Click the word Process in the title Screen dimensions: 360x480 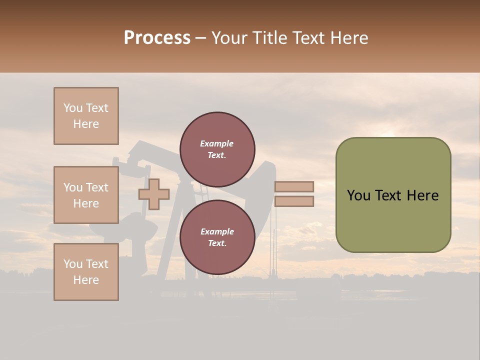coord(157,38)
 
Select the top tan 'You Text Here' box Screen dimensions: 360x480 coord(86,116)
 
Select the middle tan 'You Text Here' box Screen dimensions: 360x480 coord(86,195)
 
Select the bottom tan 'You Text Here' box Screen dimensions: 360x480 coord(86,271)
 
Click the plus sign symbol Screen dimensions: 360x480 coord(153,194)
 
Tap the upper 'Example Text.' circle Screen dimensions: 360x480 coord(217,149)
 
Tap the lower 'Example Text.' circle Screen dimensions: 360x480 coord(217,237)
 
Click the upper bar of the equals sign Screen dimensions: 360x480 coord(294,186)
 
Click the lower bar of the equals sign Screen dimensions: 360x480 coord(294,201)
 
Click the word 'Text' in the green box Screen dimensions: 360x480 coord(389,195)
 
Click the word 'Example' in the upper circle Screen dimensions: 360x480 coord(216,143)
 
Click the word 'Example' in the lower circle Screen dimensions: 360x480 coord(217,231)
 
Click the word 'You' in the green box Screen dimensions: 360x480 coord(358,195)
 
